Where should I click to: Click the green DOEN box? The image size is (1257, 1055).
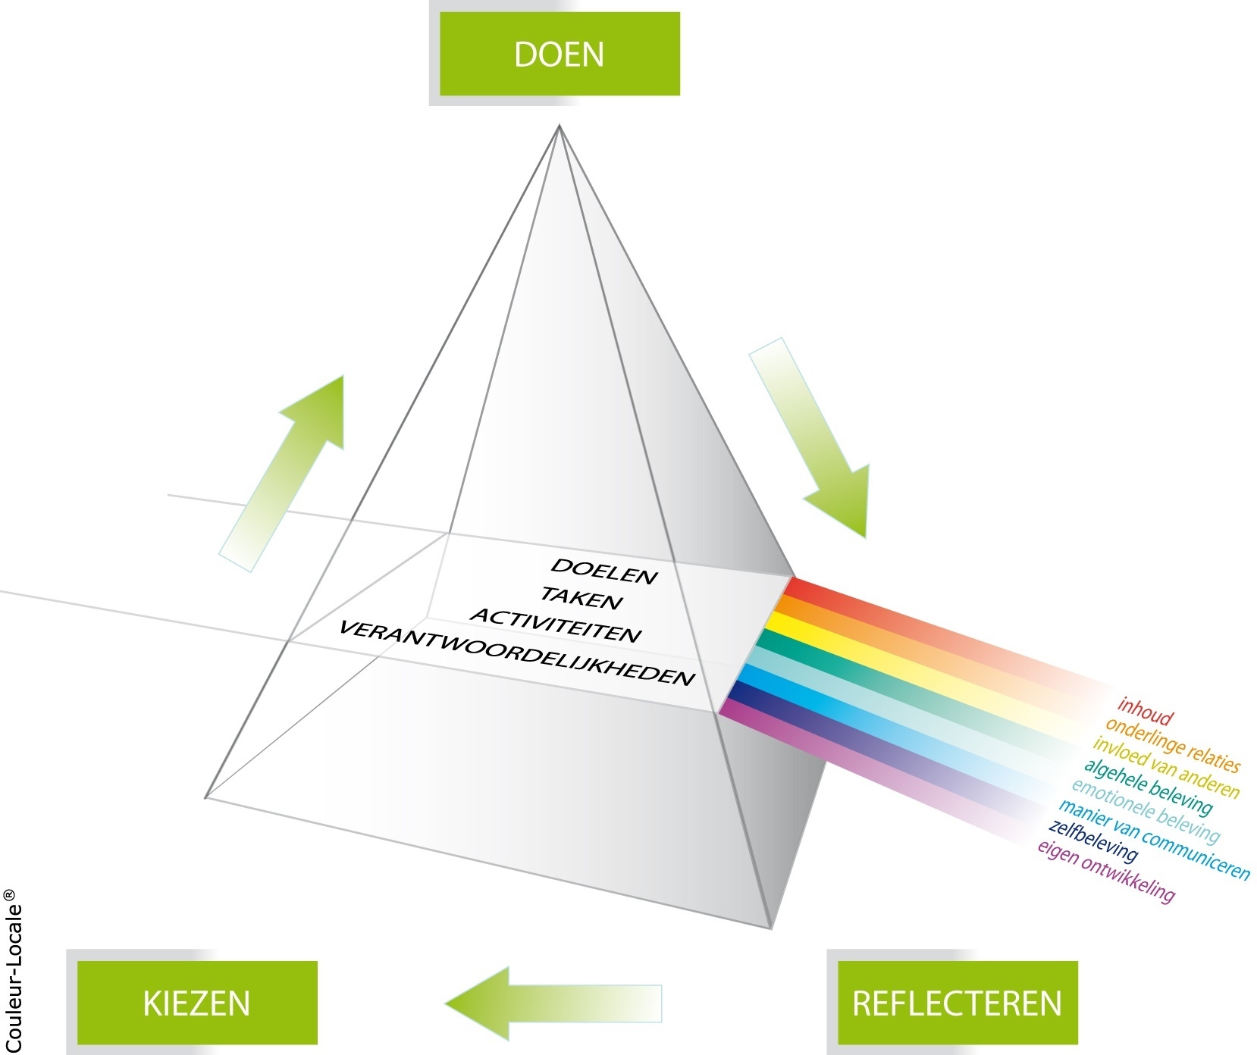point(559,54)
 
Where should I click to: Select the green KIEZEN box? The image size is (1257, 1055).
point(197,1002)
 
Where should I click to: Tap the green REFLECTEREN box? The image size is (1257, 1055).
point(957,1002)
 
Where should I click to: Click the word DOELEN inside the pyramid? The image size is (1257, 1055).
point(603,571)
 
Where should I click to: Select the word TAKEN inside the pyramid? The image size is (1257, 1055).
point(581,599)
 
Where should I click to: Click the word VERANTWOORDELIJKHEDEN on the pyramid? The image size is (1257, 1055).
point(516,653)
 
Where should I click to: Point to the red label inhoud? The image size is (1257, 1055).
point(1145,712)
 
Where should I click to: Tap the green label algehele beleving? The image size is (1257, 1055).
point(1148,786)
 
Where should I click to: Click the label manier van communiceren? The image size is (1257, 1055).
point(1153,840)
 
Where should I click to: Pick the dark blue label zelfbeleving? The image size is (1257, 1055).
point(1092,841)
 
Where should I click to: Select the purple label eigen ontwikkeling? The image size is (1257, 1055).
point(1105,872)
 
